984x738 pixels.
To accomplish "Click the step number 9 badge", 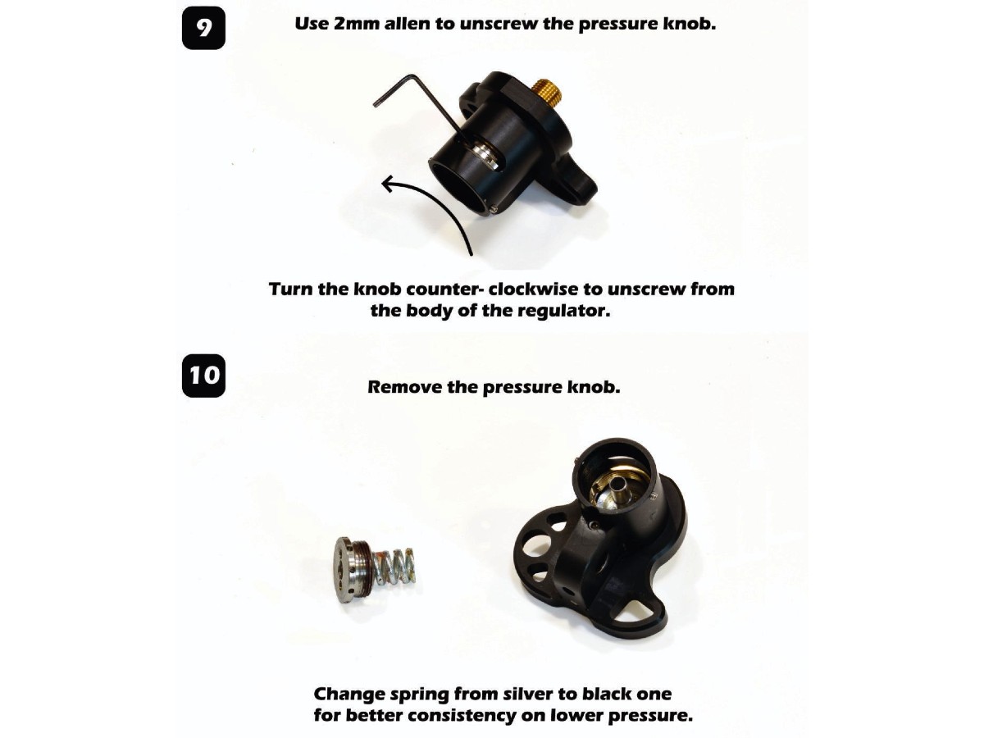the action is [203, 28].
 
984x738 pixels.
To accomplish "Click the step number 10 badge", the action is [203, 376].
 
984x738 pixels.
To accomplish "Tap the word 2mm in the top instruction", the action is [357, 24].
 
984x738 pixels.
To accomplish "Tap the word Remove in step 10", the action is [404, 387].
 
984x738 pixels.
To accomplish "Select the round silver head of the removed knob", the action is [347, 569].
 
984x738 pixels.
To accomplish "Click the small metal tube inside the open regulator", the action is [621, 486].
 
